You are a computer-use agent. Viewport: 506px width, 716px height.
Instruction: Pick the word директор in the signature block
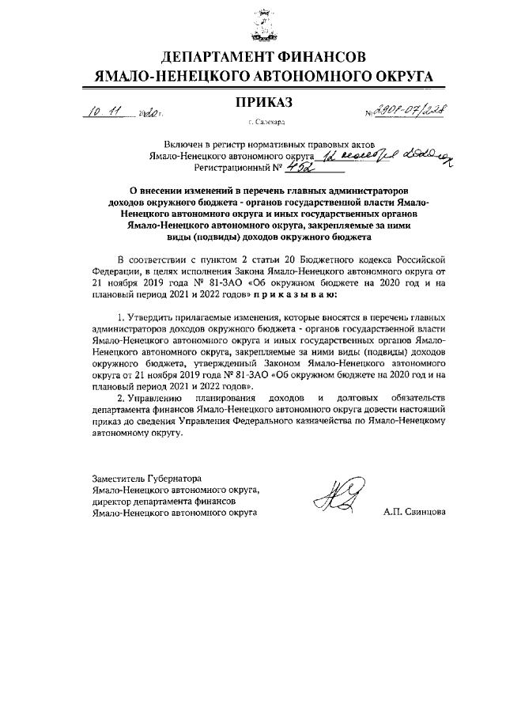(x=111, y=501)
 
